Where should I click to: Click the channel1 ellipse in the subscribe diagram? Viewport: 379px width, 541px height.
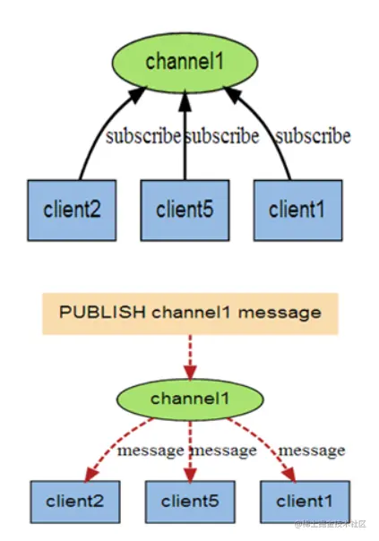(x=185, y=63)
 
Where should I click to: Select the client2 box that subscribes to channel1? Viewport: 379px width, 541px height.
(x=72, y=210)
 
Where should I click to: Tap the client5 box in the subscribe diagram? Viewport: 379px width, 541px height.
(x=185, y=210)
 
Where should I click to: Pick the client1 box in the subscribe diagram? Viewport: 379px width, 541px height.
(x=297, y=210)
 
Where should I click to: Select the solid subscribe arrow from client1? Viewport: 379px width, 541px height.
(x=273, y=134)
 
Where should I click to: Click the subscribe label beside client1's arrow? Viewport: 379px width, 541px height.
(x=312, y=137)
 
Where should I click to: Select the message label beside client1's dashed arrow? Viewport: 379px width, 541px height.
(x=311, y=449)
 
